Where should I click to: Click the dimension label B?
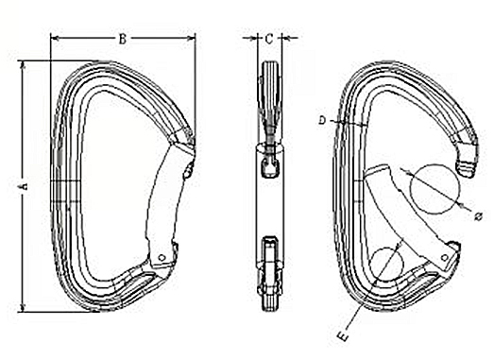coord(123,39)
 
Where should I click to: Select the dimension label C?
coord(269,39)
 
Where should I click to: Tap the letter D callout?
coord(322,120)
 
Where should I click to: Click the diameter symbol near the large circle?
coord(479,216)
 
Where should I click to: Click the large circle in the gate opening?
coord(435,189)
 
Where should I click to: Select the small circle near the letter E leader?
coord(386,264)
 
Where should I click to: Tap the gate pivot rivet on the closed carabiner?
coord(162,258)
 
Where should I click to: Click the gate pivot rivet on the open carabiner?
coord(445,258)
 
